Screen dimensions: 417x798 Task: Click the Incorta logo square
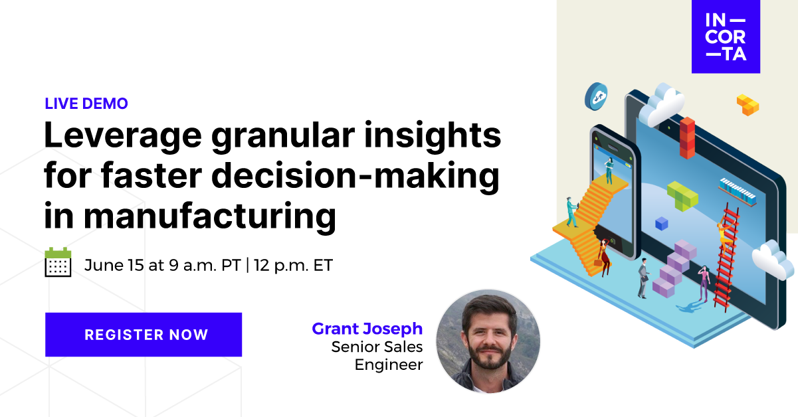click(725, 37)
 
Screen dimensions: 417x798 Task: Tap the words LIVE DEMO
click(86, 104)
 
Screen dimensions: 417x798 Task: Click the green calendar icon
click(58, 262)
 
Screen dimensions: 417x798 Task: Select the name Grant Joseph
click(367, 329)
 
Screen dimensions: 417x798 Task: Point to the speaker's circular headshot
click(488, 341)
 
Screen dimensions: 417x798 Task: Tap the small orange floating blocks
click(748, 104)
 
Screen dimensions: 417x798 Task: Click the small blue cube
click(661, 224)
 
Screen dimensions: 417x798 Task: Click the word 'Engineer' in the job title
click(389, 365)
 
